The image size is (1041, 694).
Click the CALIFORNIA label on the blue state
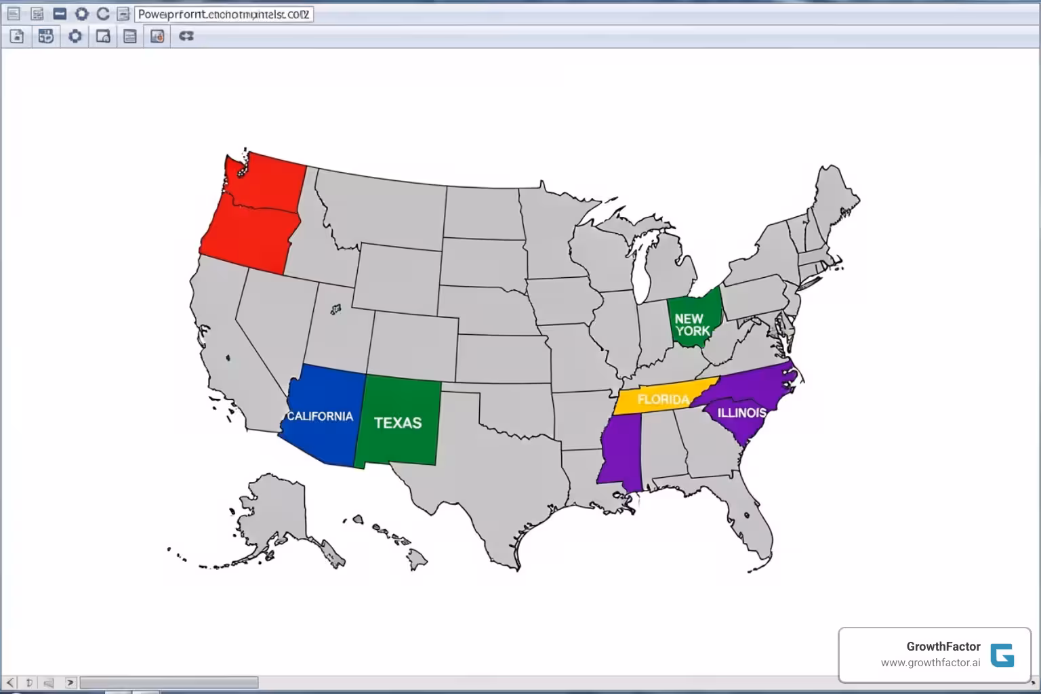tap(320, 416)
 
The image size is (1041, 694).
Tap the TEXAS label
tap(398, 423)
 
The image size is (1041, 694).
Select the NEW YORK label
tap(692, 325)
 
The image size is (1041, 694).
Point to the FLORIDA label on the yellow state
tap(663, 400)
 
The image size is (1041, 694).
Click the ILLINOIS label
tap(741, 413)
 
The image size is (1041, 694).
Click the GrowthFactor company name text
tap(943, 647)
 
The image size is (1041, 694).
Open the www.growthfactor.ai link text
tap(930, 663)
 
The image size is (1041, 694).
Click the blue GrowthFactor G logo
tap(1002, 655)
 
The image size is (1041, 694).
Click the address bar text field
tap(224, 14)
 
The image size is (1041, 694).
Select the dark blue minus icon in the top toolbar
tap(60, 14)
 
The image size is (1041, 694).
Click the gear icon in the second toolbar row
tap(75, 37)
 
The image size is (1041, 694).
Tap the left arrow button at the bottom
tap(10, 682)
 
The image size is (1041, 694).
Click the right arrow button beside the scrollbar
tap(70, 682)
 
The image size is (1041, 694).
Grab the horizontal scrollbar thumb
tap(169, 682)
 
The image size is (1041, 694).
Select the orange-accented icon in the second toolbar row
tap(157, 37)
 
